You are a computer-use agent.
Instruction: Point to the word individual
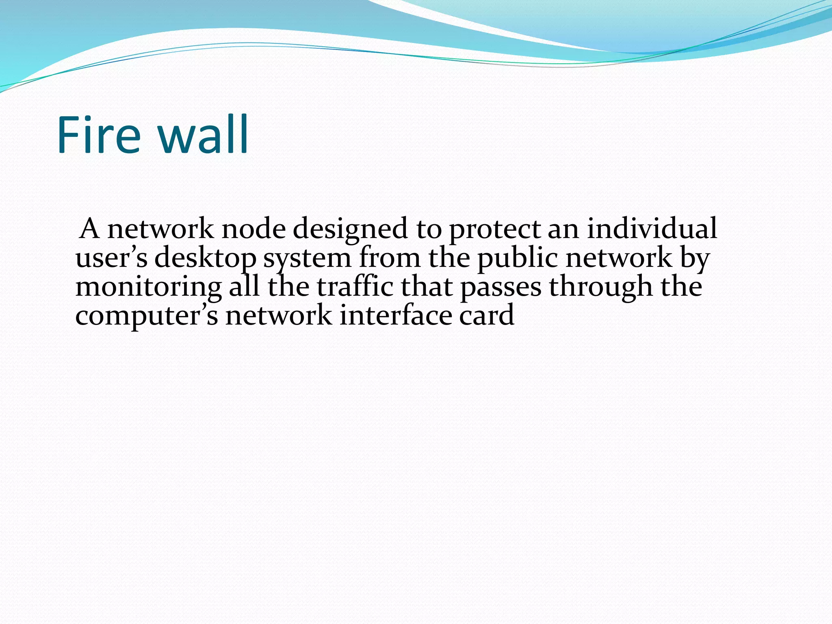[652, 228]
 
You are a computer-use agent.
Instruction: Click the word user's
[111, 258]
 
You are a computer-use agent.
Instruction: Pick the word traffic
[355, 287]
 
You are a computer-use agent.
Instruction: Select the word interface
[395, 316]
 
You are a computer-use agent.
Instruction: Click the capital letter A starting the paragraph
[89, 229]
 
